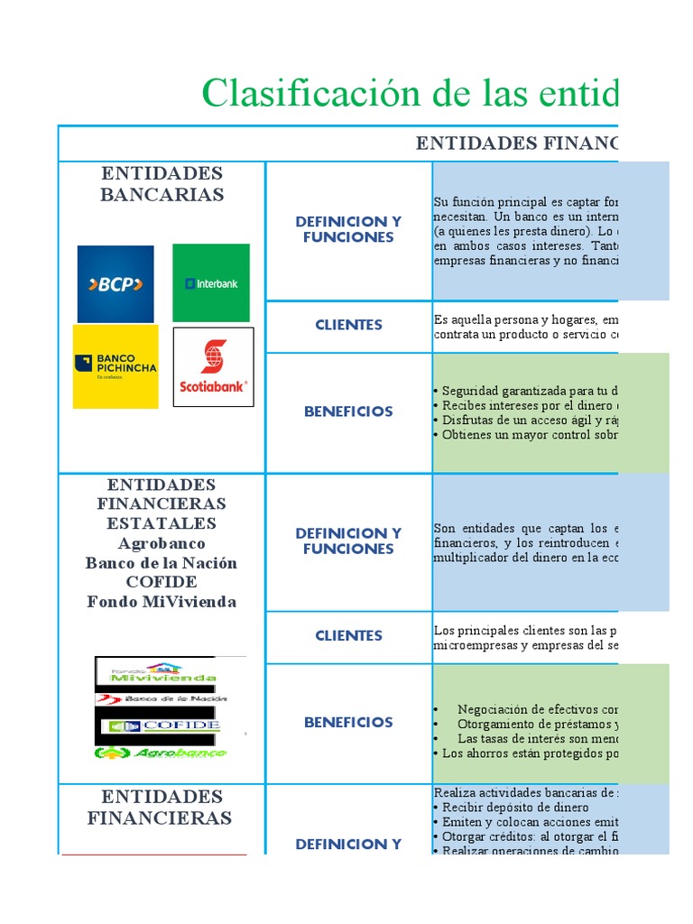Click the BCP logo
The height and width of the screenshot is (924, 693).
115,284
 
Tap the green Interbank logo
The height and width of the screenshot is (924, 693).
211,283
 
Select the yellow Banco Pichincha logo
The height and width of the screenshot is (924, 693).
115,366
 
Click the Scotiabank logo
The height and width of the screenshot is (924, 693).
213,367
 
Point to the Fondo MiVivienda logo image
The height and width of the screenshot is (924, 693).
163,673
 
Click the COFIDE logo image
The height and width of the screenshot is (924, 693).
163,725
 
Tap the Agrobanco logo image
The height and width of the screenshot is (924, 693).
162,752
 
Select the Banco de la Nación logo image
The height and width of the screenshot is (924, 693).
163,698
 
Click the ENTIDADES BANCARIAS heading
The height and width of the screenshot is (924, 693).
162,183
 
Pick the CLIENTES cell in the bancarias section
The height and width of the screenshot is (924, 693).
348,326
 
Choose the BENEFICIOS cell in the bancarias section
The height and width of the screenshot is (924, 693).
348,411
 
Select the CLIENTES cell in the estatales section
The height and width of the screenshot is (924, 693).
348,636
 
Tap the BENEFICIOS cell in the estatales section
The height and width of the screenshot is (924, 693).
348,722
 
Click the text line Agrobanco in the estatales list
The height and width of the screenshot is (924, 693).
162,543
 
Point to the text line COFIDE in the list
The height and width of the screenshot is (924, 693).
162,582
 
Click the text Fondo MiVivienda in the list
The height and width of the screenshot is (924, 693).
162,602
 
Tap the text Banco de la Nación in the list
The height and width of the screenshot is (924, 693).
162,563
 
